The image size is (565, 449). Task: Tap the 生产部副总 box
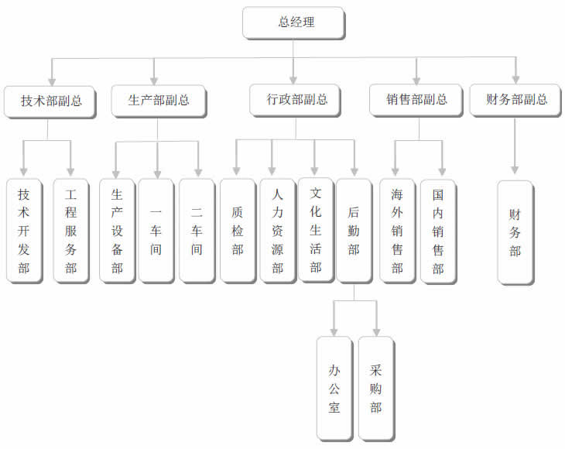coord(157,100)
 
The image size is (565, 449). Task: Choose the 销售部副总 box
coord(417,100)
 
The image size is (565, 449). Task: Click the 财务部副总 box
coord(516,100)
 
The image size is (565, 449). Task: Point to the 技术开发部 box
coord(24,231)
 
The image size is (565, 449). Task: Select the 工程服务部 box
coord(71,231)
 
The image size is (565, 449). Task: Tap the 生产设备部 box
coord(118,230)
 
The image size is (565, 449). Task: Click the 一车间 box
coord(157,230)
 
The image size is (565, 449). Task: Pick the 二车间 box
coord(197,230)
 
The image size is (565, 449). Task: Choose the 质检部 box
coord(238,230)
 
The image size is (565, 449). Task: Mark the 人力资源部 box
coord(277,230)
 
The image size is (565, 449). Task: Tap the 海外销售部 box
coord(398,231)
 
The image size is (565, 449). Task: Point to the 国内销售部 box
coord(438,231)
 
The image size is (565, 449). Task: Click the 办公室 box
coord(335,388)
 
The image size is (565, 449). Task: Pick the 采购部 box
coord(376,388)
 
